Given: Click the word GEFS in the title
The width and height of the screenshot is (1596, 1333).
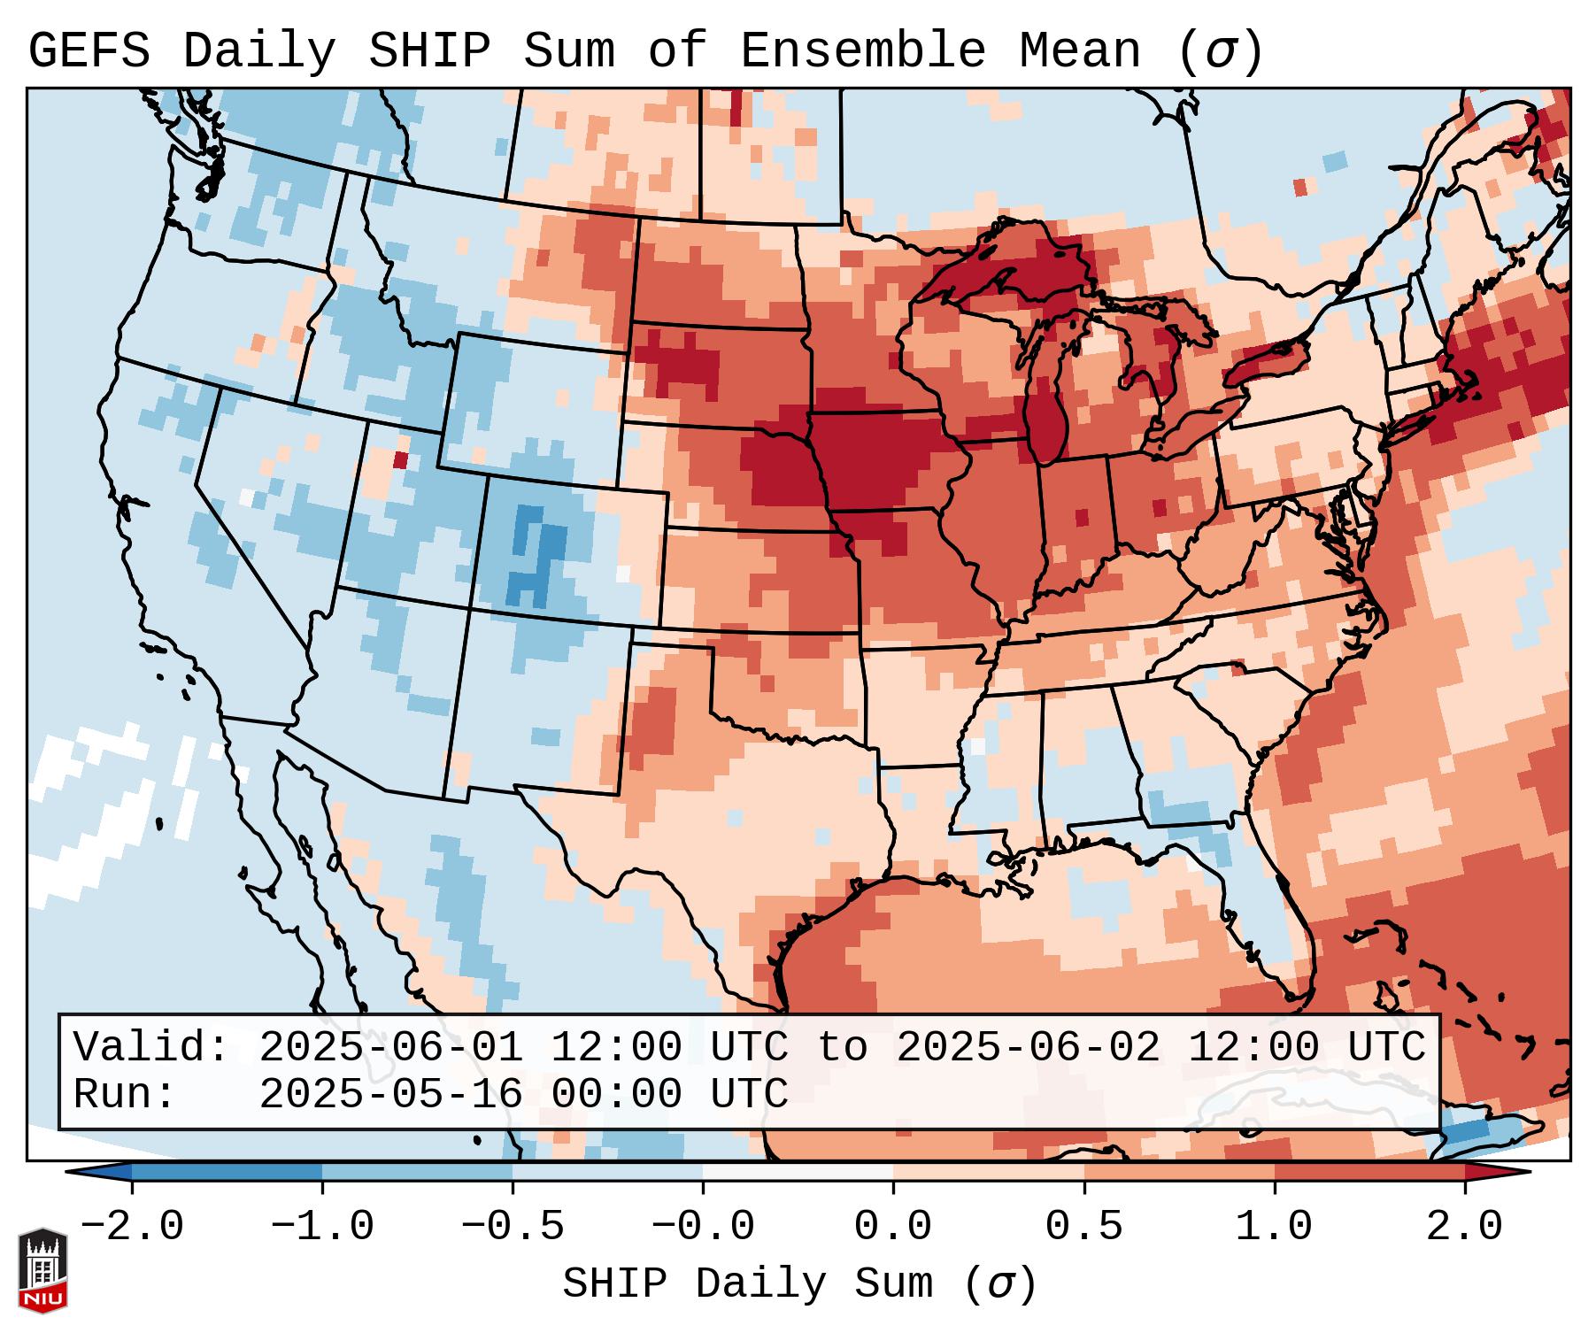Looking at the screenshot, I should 89,51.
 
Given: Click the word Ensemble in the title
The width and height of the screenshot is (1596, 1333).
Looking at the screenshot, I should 862,51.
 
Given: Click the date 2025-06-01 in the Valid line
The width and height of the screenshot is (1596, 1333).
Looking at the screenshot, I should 390,1048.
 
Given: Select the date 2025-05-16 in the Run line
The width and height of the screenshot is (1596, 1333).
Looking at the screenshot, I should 390,1095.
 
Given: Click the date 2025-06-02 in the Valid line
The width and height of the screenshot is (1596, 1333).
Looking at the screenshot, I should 1028,1048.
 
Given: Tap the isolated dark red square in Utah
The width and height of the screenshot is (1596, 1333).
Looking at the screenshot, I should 400,459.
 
